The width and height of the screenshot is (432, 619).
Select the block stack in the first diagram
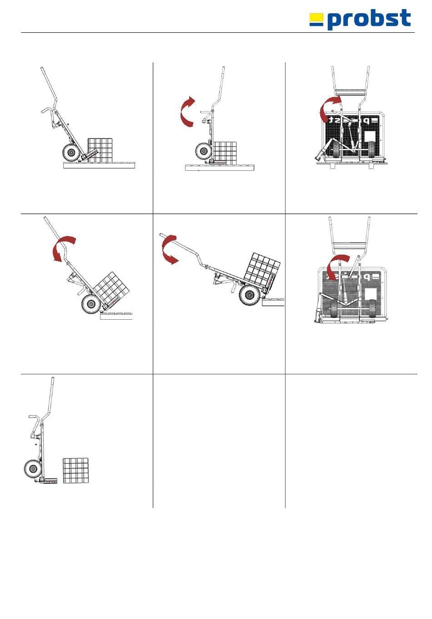pyautogui.click(x=100, y=149)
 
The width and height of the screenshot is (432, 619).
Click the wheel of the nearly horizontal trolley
pyautogui.click(x=250, y=296)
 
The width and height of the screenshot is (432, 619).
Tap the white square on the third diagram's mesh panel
pyautogui.click(x=371, y=137)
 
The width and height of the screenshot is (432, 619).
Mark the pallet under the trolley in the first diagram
pyautogui.click(x=99, y=165)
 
